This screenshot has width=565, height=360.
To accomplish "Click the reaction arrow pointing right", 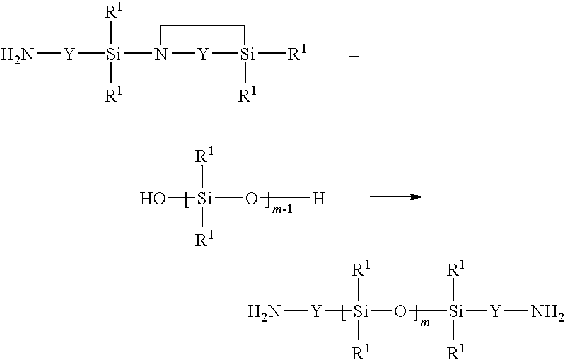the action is coord(395,197).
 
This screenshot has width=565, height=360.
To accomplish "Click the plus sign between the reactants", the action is coord(354,57).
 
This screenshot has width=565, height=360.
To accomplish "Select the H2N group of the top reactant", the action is coord(17,55).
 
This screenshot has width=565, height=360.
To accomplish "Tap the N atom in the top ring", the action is coord(160,55).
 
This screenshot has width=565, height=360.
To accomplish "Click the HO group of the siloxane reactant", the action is coord(153,199).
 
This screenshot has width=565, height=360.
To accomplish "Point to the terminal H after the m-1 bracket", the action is coord(318,199).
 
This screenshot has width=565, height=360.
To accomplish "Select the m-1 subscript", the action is coord(282,209).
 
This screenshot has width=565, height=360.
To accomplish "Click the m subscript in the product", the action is coord(425,322).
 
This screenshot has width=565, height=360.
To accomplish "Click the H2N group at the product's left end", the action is coord(264,311).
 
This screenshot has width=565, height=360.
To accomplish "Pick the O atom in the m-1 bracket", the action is coord(251,199).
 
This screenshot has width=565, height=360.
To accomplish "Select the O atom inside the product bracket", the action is coord(400,311).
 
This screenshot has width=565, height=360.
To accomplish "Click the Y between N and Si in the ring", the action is coord(203,55).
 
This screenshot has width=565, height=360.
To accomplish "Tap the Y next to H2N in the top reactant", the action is coord(69,55).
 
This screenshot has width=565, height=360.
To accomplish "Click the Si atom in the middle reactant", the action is coord(205,199).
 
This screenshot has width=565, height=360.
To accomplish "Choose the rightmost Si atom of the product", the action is coord(455,311).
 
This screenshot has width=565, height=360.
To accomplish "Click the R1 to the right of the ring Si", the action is coord(297,54).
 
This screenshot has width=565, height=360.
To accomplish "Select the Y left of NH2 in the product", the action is coord(496,311).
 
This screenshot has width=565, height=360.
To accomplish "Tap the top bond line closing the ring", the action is coord(202,25).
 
